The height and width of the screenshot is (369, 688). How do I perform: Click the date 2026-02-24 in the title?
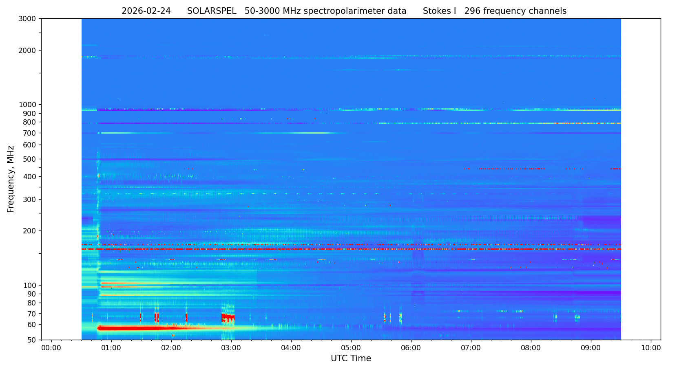click(146, 11)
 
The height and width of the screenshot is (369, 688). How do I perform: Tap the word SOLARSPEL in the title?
click(212, 11)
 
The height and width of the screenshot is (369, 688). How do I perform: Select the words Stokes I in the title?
click(439, 11)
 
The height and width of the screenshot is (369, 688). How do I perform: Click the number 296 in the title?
click(472, 11)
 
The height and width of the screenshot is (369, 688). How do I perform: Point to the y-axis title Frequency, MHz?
click(11, 179)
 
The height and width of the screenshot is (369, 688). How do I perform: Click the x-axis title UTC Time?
click(351, 358)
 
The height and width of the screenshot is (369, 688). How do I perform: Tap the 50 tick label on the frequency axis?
click(31, 340)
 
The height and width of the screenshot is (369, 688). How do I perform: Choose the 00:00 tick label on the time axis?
click(51, 348)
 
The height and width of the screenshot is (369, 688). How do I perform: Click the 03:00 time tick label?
click(231, 348)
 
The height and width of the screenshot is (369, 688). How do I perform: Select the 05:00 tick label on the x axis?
click(351, 348)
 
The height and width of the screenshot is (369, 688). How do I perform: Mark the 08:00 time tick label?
click(531, 348)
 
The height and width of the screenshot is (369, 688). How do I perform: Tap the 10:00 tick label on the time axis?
click(651, 348)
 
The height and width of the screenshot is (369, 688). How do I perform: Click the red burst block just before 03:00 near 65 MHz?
click(228, 317)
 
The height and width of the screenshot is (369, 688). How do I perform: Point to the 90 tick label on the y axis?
click(31, 294)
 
